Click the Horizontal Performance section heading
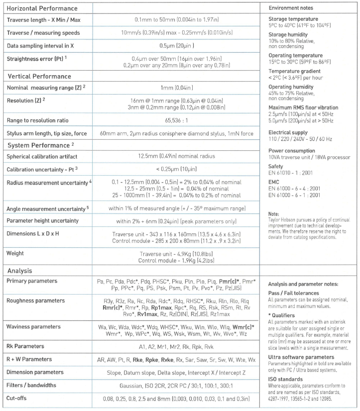click(x=42, y=8)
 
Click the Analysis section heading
click(x=20, y=271)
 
